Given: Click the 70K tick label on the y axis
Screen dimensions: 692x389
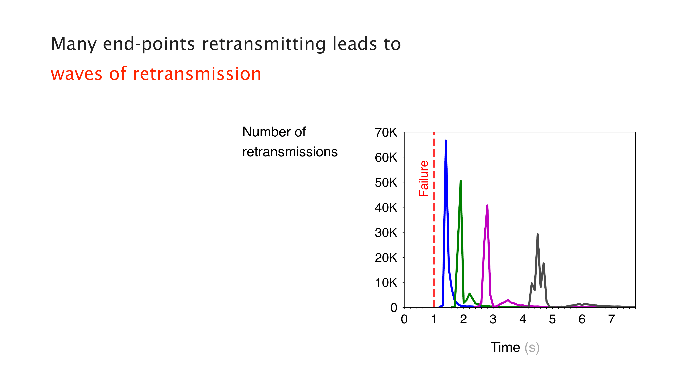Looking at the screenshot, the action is click(386, 133).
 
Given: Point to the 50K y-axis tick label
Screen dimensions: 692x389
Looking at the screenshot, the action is click(386, 183).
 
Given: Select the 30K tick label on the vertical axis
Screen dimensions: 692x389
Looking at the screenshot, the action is click(386, 233).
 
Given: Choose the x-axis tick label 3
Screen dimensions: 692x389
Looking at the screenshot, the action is click(493, 319).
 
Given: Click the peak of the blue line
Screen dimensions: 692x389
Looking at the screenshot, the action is click(446, 140).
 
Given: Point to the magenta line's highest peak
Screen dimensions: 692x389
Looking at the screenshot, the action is click(487, 206).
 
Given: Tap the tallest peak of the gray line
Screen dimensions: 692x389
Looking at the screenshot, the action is click(538, 234).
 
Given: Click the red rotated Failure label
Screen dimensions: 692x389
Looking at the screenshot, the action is click(424, 179).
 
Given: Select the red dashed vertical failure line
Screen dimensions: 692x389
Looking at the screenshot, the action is click(434, 220).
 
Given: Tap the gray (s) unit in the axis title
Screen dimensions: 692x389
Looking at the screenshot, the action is click(532, 348).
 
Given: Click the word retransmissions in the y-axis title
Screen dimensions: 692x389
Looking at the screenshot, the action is click(290, 152).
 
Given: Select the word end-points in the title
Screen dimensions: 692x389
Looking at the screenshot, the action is click(149, 44).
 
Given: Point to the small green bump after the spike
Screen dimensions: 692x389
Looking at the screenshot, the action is click(469, 294).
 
